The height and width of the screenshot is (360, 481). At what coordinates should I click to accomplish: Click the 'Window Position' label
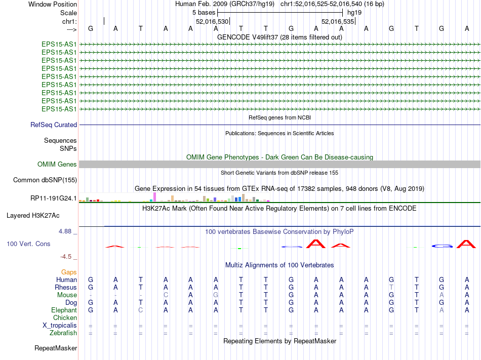point(53,4)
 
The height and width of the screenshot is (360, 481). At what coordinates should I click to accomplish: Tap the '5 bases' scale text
point(204,12)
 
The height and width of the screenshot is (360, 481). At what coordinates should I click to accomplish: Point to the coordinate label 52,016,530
point(212,21)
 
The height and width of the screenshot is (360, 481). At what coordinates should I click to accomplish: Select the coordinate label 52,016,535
point(338,21)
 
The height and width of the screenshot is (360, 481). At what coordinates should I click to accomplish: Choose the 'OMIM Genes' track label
point(57,164)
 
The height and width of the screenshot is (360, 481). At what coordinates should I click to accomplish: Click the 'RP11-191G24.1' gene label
point(54,198)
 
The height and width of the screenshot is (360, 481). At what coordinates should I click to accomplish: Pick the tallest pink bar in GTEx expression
point(154,197)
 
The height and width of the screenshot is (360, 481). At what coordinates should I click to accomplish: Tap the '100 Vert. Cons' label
point(28,244)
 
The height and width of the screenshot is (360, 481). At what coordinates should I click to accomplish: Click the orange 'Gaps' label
point(69,272)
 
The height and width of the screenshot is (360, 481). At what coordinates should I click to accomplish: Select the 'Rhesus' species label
point(66,287)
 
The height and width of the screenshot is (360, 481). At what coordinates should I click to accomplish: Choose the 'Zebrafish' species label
point(63,333)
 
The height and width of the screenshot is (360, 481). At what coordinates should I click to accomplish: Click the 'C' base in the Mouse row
point(166,295)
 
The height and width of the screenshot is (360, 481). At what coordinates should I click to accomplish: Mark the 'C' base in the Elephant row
point(141,310)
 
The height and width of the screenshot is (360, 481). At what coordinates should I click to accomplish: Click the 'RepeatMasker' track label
point(56,348)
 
